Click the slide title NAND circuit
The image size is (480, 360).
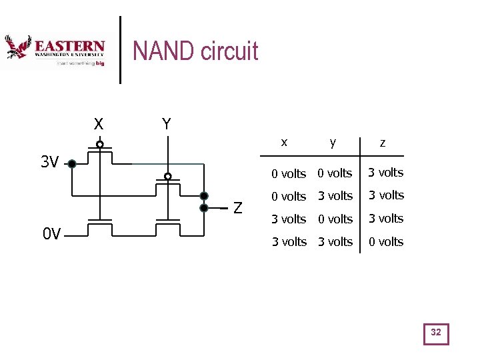point(195,51)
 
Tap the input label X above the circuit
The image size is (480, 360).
point(98,125)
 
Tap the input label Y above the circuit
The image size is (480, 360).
point(166,124)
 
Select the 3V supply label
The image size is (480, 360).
point(49,162)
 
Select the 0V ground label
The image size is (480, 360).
point(51,234)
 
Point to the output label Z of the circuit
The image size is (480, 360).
point(237,208)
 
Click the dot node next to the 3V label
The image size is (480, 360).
point(72,163)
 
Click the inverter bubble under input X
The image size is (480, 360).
point(99,144)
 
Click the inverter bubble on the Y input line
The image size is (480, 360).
point(168,176)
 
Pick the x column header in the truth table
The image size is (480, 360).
point(285,142)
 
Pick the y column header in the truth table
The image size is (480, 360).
point(333,142)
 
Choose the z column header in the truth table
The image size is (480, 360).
point(382,142)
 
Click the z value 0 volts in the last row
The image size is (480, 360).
point(386,241)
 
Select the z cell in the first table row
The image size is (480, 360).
point(386,173)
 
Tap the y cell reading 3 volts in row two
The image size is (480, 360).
point(335,196)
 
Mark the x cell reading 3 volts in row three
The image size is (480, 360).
point(289,219)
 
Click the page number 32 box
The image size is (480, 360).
point(436,333)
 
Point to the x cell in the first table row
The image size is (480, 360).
point(289,173)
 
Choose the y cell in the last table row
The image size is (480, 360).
point(335,241)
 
